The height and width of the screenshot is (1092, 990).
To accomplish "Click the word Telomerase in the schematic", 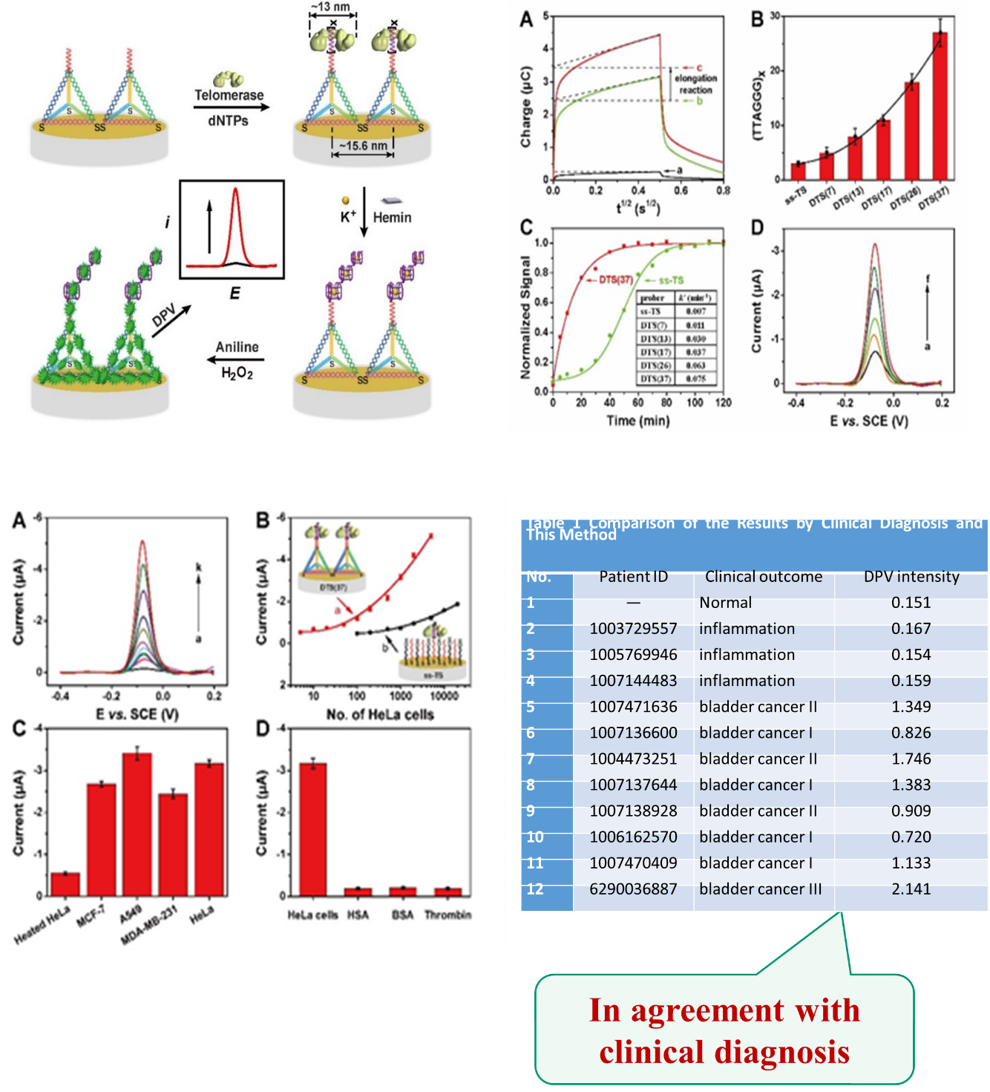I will click(229, 95).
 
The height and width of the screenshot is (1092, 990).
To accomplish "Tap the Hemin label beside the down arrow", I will click(392, 217).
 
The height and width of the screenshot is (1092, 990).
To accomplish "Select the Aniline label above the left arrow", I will click(237, 347).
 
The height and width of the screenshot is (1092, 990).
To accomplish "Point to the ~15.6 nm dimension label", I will click(363, 146).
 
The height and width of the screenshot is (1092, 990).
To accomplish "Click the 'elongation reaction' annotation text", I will click(695, 84).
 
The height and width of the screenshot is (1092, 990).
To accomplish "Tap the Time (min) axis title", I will click(637, 421).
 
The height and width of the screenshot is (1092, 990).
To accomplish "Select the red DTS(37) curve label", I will click(615, 280).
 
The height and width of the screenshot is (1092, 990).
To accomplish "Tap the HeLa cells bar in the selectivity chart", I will click(312, 829).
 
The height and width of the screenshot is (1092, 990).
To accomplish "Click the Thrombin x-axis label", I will click(448, 915).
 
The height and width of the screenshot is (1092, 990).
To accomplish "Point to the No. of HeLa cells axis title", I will click(380, 714).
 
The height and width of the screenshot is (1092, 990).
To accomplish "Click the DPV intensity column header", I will click(911, 577).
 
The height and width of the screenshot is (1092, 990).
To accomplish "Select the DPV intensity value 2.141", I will click(911, 889).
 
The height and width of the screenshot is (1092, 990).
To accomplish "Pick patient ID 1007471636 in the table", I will click(633, 707).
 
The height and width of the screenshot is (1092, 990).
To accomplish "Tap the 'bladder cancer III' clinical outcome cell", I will click(760, 889).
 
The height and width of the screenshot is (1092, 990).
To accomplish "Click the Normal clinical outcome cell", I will click(725, 603).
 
